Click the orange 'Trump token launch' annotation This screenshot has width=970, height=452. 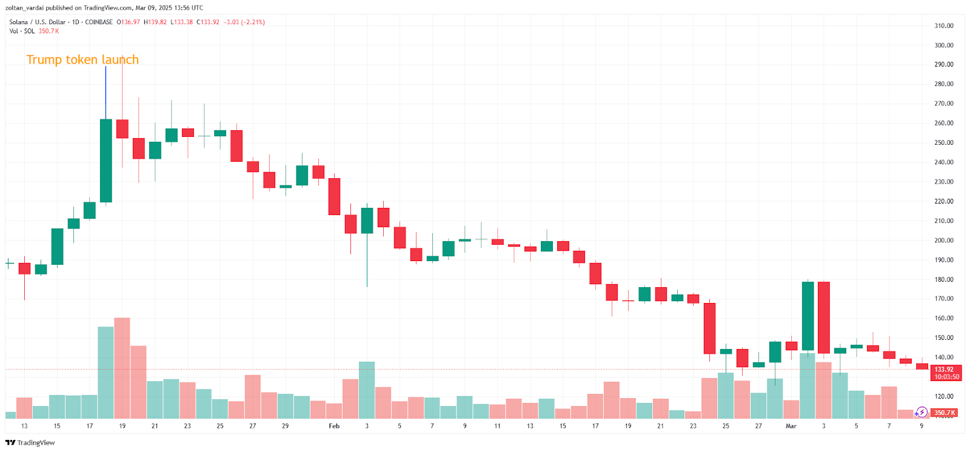pyautogui.click(x=82, y=59)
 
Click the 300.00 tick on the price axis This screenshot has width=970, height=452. pyautogui.click(x=943, y=45)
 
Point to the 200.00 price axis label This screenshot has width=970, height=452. pyautogui.click(x=943, y=241)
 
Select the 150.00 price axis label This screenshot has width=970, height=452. pyautogui.click(x=943, y=338)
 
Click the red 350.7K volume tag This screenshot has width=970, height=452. pyautogui.click(x=945, y=413)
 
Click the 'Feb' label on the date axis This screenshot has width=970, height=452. pyautogui.click(x=334, y=426)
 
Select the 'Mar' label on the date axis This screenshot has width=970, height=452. pyautogui.click(x=791, y=426)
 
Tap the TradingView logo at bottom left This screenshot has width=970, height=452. pyautogui.click(x=30, y=443)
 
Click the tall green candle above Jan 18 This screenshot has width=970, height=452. pyautogui.click(x=106, y=161)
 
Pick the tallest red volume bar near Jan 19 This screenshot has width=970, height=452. pyautogui.click(x=122, y=368)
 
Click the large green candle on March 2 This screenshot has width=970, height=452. pyautogui.click(x=808, y=316)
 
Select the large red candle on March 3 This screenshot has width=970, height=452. pyautogui.click(x=824, y=317)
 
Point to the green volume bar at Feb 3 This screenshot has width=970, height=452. pyautogui.click(x=367, y=390)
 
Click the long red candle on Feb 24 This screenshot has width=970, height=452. pyautogui.click(x=709, y=328)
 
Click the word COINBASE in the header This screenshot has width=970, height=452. pyautogui.click(x=99, y=22)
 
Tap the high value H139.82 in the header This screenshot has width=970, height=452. pyautogui.click(x=155, y=22)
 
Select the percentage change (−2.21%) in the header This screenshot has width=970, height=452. pyautogui.click(x=253, y=22)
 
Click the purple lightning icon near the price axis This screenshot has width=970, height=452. pyautogui.click(x=921, y=413)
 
